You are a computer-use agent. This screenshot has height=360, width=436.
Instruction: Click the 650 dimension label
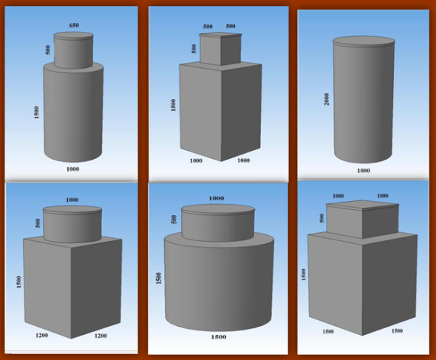tap(73, 26)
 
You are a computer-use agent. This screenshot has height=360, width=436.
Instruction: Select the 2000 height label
tap(326, 98)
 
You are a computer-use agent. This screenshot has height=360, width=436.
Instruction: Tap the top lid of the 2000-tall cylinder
tap(362, 41)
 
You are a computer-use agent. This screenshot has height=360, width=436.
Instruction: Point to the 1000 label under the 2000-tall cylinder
tap(363, 171)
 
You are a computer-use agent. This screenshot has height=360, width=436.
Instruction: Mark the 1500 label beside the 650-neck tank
tap(36, 112)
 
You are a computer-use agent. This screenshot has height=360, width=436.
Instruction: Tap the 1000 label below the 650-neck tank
tap(72, 169)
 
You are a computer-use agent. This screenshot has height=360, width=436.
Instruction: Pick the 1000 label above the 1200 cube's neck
tap(72, 200)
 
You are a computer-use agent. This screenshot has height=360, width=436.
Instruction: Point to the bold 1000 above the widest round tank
tap(217, 198)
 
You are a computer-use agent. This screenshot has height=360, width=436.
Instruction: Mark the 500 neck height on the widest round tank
tap(173, 220)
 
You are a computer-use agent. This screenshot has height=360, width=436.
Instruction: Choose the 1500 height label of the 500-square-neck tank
tap(172, 104)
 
